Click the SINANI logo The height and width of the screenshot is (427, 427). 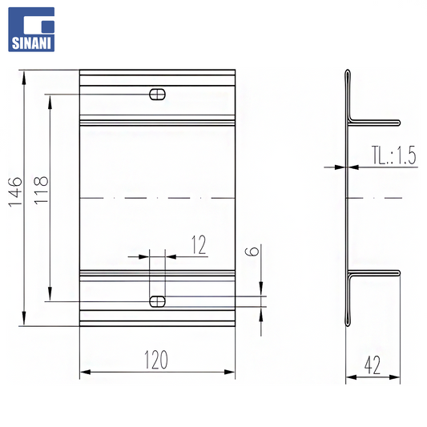click(31, 30)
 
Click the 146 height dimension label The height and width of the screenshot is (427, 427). click(15, 191)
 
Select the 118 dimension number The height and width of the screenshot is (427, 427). click(41, 190)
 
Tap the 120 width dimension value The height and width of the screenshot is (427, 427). click(156, 360)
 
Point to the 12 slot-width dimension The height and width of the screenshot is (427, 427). click(199, 245)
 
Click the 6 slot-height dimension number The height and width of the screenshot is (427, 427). click(252, 252)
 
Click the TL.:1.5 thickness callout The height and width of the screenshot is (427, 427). click(394, 155)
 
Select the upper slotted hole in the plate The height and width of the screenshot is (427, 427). click(157, 95)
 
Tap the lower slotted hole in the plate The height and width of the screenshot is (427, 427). click(157, 301)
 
